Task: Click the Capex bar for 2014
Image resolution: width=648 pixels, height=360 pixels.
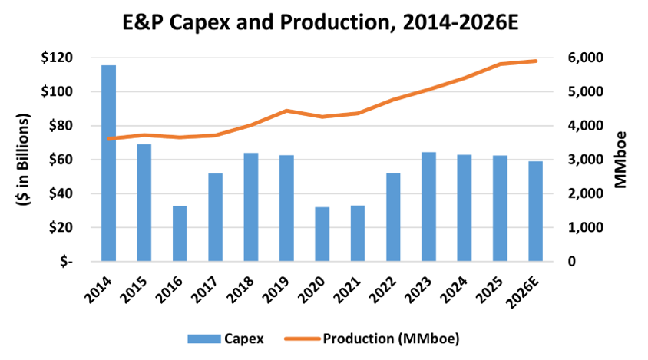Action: (x=109, y=163)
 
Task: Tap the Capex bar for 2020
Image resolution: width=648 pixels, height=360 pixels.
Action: (x=322, y=234)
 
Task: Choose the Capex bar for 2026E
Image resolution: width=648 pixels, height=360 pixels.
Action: (x=535, y=211)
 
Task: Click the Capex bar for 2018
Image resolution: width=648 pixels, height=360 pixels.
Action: (x=251, y=207)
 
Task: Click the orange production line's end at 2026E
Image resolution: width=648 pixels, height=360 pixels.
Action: (x=535, y=61)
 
